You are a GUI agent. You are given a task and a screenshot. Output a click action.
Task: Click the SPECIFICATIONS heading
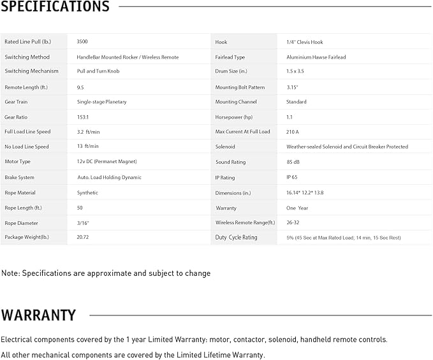tap(55, 7)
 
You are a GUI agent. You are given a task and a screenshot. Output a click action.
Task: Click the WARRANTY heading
tap(38, 315)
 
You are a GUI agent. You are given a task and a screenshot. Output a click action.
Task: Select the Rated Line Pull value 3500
tap(82, 42)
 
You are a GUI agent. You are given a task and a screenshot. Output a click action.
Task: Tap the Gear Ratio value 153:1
tap(84, 117)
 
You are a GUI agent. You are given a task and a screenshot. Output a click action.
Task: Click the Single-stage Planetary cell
tap(101, 102)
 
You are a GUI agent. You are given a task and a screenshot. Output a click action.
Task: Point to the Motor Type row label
tap(17, 162)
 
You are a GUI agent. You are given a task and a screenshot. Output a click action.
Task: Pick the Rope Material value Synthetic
tap(87, 192)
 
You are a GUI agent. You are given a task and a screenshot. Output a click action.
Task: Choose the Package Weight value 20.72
tap(83, 237)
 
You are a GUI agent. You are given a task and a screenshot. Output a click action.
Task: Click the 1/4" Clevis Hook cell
tap(305, 42)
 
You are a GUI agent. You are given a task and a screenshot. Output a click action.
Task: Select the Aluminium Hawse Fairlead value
tap(316, 57)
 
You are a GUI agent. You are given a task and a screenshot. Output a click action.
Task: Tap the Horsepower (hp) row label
tap(234, 117)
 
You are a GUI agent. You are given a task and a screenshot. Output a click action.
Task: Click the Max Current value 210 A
tap(293, 132)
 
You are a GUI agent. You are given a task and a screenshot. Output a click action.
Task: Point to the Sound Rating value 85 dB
tap(293, 162)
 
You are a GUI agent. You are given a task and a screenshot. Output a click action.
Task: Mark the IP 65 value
tap(293, 177)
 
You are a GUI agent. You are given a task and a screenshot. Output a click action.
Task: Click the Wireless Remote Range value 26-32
tap(294, 223)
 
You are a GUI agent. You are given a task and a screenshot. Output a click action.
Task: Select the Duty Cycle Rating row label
tap(237, 237)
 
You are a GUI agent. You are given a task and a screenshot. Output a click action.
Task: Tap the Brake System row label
tap(20, 177)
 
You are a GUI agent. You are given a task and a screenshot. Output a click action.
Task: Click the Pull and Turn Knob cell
tap(98, 71)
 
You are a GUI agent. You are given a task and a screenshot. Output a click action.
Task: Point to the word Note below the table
tap(10, 273)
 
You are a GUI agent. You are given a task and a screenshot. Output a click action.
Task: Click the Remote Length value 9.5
tap(80, 87)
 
